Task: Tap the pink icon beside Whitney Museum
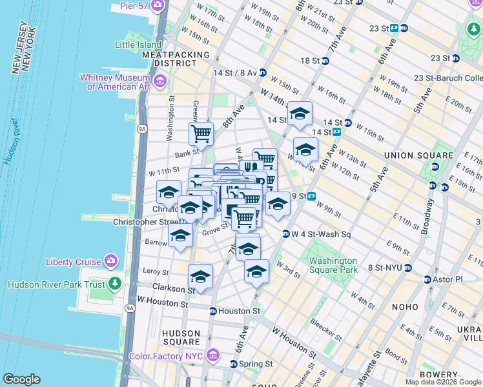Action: (160, 81)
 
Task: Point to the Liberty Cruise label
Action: (73, 262)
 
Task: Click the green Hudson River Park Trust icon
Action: (114, 284)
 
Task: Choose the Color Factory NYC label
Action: (166, 356)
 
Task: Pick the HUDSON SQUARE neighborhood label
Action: (181, 337)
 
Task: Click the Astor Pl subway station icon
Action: (427, 280)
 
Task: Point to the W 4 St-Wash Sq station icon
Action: (285, 234)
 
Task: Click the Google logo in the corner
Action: (21, 379)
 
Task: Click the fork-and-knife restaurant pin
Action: (249, 170)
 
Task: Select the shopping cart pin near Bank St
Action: (201, 134)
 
